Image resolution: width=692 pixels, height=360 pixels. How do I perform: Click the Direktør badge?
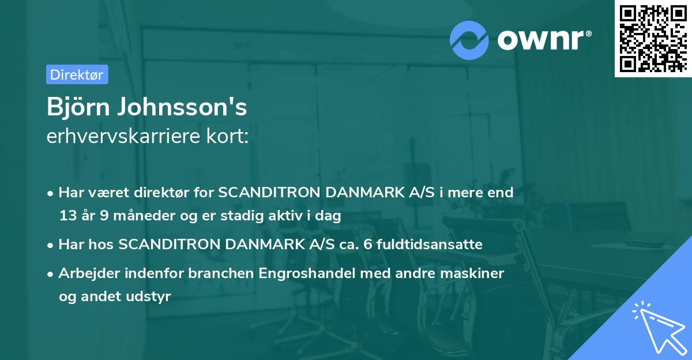pyautogui.click(x=77, y=74)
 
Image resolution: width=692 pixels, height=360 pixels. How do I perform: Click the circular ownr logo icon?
pyautogui.click(x=469, y=40)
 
